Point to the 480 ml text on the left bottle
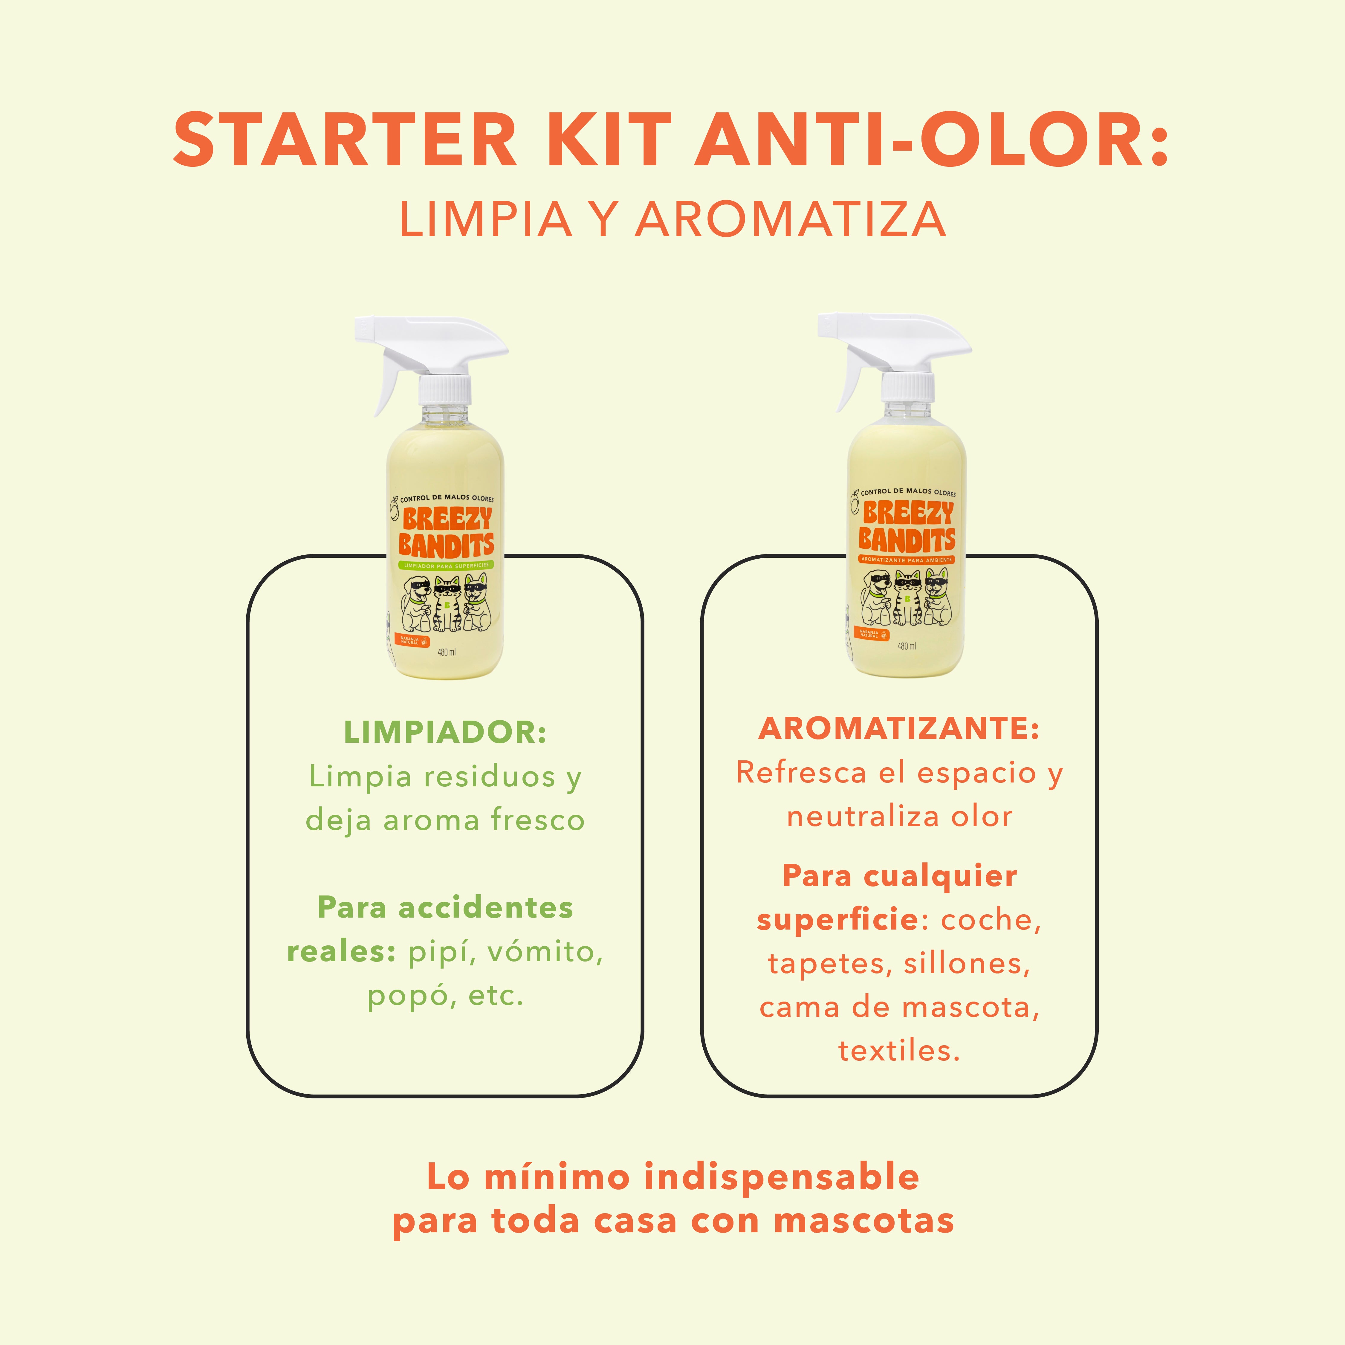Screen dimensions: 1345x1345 (x=446, y=652)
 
